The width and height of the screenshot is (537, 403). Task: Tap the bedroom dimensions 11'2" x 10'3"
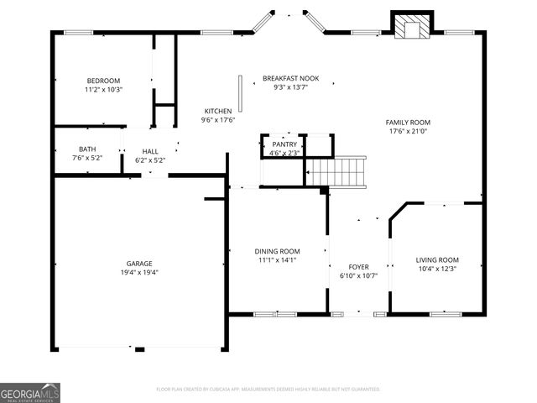coord(103,89)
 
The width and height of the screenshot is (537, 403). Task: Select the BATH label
coord(87,149)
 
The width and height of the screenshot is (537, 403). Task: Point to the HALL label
coord(149,151)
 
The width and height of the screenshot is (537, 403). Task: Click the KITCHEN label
coord(218,111)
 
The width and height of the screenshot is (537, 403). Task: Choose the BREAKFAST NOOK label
coord(290,78)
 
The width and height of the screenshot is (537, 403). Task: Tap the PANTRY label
coord(284,144)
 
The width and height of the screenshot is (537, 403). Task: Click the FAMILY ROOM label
coord(409,122)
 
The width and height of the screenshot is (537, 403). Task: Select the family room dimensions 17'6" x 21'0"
coord(409,131)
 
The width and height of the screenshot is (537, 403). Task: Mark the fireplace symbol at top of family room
coord(412,27)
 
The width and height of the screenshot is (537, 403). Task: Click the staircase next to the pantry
coord(336,171)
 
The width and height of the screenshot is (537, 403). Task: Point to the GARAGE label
coord(139,264)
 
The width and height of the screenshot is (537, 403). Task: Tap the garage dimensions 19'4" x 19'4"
coord(139,273)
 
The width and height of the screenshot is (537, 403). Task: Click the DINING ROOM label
coord(277,251)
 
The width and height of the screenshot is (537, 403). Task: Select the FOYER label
coord(358,266)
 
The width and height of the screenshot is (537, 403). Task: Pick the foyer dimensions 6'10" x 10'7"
coord(358,275)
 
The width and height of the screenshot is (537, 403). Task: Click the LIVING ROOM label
coord(437,259)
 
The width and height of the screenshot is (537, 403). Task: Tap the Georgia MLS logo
coord(30,392)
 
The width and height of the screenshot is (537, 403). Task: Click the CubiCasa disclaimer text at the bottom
coord(268,390)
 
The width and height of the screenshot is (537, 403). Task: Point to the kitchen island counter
coord(241,93)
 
